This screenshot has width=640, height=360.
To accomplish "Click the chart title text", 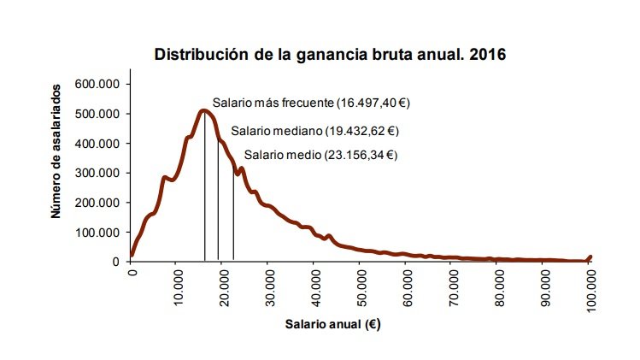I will coord(330,56).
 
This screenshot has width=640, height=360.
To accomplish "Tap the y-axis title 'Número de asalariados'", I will coord(56,150).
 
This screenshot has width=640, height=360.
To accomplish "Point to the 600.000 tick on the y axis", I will coord(102,84).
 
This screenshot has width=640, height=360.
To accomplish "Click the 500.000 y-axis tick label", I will coord(102,114).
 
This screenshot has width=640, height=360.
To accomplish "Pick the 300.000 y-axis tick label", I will coord(102,173).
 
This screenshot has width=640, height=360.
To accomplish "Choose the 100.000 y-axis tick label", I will coord(102,232).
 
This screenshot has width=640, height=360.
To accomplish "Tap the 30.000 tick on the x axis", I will coord(270,287).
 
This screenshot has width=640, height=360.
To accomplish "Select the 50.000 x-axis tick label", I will coord(362,287).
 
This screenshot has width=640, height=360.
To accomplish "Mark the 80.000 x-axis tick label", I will coord(501,287).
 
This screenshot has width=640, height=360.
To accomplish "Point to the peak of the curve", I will coord(203,110).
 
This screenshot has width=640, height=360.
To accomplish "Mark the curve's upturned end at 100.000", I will coord(590,257).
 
